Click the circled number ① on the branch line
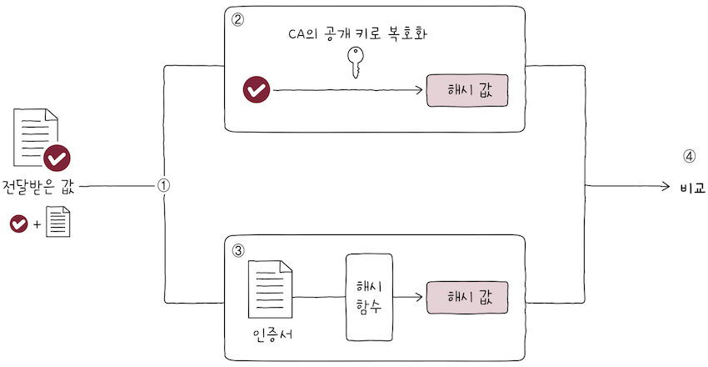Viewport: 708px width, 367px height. [164, 186]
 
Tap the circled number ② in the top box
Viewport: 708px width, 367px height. [238, 21]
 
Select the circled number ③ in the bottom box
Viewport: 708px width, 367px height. [238, 249]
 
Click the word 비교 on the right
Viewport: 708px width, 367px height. [692, 187]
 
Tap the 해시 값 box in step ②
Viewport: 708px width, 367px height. [466, 90]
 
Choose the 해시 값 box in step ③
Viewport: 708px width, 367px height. [466, 297]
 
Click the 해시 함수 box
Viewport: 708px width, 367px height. [369, 298]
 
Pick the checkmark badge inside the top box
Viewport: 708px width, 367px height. [256, 89]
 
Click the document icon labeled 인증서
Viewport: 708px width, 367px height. [271, 289]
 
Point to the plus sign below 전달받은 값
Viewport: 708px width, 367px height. [37, 224]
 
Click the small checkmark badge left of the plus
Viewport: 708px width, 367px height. [19, 223]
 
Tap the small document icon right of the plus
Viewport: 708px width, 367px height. [57, 222]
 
